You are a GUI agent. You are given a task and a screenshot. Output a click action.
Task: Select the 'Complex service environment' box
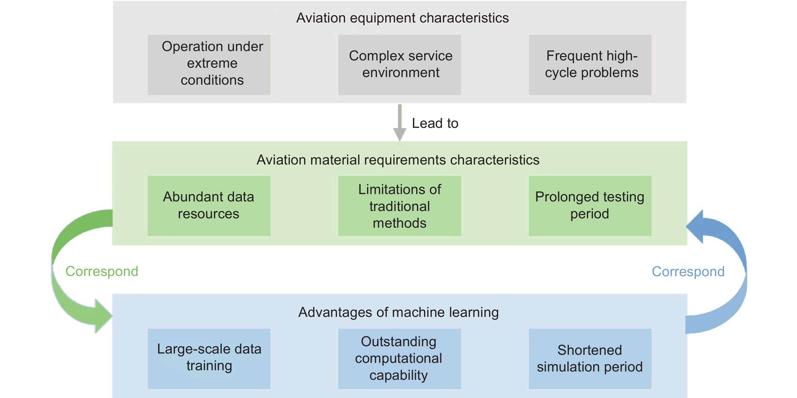coord(400,65)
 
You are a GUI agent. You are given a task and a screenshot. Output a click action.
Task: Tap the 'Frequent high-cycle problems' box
coord(590,65)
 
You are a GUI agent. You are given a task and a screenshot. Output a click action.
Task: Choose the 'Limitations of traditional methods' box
coord(400,206)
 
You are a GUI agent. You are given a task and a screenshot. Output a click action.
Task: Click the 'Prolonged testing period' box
coord(590,206)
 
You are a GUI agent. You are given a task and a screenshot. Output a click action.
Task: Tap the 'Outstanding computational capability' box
coord(400,358)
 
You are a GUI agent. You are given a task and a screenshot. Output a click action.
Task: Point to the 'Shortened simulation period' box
coord(590,358)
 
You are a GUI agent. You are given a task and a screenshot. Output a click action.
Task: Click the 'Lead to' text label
coord(435,123)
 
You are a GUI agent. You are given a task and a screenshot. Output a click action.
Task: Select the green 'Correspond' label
coord(102,271)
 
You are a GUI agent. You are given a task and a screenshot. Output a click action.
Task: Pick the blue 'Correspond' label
coord(688,272)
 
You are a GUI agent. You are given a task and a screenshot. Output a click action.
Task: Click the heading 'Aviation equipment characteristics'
coord(402,18)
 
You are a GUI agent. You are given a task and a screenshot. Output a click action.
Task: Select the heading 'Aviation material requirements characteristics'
coord(398,160)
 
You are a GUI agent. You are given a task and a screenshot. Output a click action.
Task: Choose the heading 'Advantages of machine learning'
coord(398,312)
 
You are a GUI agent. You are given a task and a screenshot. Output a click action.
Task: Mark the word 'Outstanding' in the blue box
coord(398,342)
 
